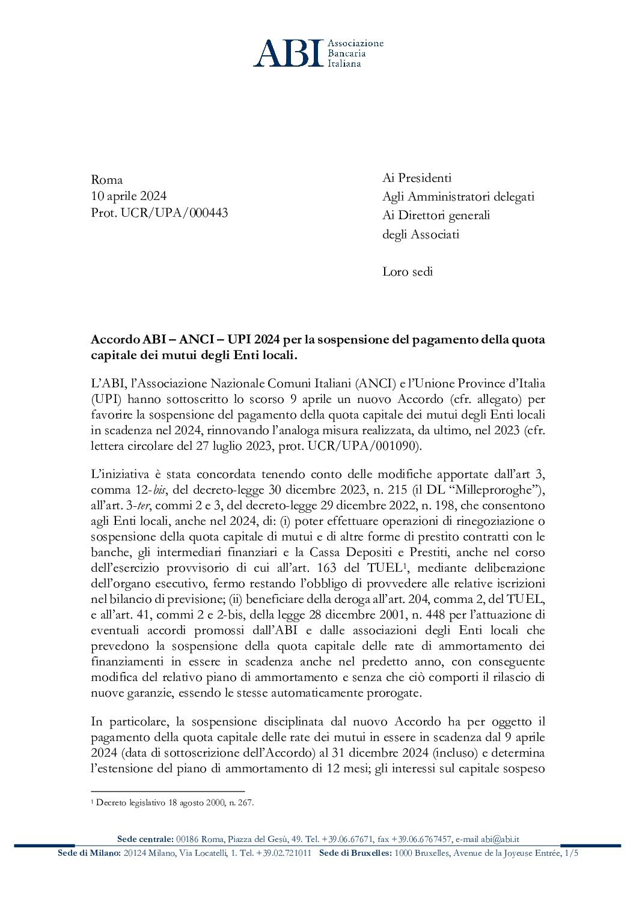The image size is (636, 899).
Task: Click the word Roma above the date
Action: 106,180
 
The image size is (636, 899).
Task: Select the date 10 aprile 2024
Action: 129,196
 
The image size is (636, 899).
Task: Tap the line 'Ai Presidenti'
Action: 417,178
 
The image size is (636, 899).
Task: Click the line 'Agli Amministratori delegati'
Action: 458,196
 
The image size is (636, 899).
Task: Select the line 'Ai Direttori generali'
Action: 436,215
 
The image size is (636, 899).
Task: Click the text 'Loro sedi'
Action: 407,271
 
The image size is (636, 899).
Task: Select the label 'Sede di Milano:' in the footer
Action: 89,853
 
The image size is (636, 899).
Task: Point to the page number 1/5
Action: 571,853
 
